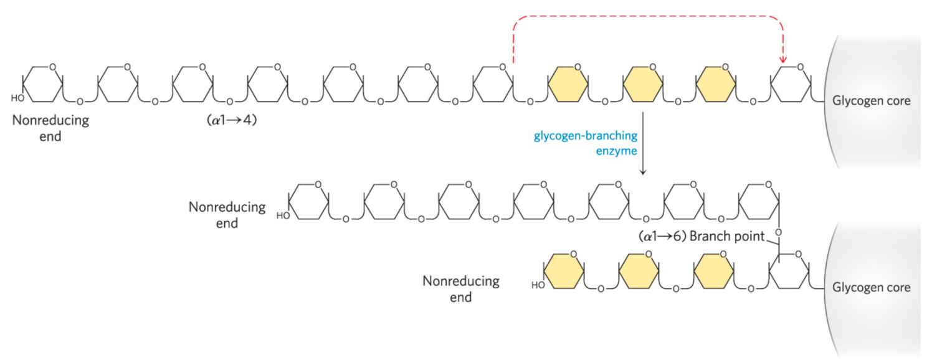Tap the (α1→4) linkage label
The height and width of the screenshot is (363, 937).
(231, 120)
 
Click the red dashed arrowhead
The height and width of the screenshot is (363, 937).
(784, 59)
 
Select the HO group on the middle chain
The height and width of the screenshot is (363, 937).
(283, 216)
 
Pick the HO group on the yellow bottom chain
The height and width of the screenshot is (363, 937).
(537, 286)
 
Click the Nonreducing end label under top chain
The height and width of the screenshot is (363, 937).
(50, 128)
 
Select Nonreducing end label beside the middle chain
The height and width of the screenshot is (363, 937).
(227, 214)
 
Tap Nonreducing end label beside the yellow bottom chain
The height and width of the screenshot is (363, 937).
(461, 289)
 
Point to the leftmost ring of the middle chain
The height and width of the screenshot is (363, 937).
(309, 200)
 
